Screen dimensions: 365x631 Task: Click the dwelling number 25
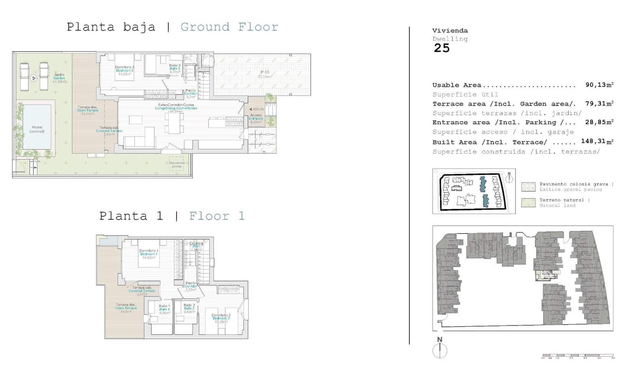(442, 48)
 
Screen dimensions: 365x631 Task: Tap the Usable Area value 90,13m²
(599, 85)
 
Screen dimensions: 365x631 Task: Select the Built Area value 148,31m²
(597, 141)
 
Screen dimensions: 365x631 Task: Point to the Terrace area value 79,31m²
(599, 103)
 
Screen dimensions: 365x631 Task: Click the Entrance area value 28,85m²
(599, 122)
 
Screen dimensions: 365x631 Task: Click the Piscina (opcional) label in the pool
(37, 129)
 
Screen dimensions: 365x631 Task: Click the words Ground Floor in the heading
(229, 27)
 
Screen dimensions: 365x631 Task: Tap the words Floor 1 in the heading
(217, 216)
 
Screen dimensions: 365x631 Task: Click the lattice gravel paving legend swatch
(528, 187)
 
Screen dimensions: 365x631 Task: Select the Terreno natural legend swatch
(528, 202)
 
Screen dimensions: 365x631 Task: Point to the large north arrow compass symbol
(440, 350)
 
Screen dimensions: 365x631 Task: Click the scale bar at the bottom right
(578, 356)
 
